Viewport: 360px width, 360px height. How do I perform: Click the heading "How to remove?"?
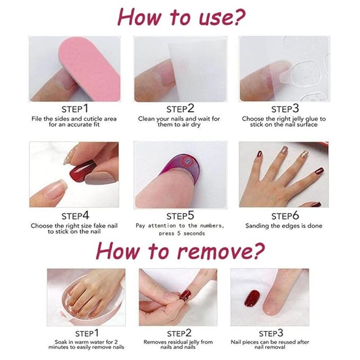180,250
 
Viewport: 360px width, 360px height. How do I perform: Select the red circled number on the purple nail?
186,159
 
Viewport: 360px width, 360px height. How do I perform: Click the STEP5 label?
180,216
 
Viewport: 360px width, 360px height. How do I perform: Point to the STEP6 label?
285,216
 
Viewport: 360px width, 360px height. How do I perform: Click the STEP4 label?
75,216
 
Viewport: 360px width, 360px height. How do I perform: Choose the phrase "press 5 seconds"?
181,233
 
